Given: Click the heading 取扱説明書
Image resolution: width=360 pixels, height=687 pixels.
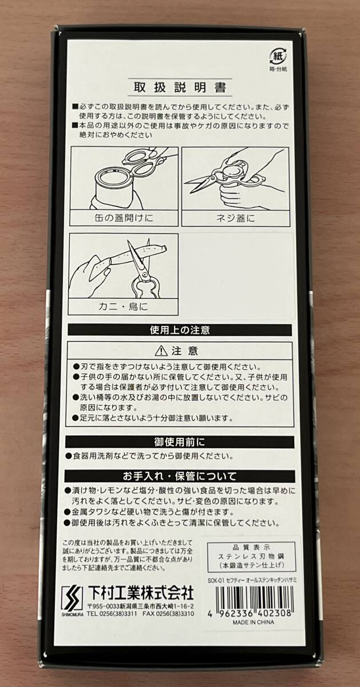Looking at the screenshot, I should pos(180,88).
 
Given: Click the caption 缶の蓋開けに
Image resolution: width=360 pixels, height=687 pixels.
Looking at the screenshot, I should pos(123,218).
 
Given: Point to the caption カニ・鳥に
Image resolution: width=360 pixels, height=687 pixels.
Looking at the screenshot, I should pos(123,307).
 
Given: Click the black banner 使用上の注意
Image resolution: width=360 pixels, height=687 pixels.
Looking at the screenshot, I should pos(180,330).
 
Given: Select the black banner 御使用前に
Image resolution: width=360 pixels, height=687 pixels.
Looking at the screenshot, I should pos(180,442).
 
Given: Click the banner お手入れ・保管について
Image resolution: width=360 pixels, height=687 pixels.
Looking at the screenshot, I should pos(180,476).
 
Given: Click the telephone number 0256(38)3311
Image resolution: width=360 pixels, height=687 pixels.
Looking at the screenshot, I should pos(114,613).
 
